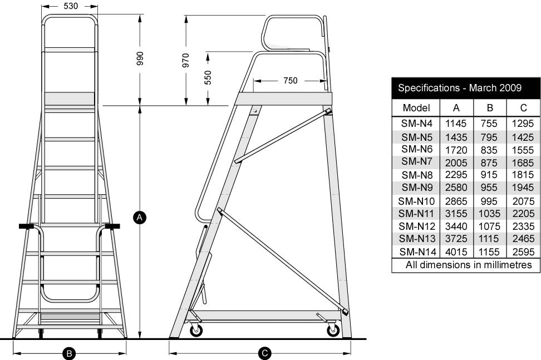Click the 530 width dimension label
(70, 6)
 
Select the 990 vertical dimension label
(140, 60)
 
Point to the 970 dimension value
(186, 60)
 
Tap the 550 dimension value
(208, 77)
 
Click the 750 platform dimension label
(290, 81)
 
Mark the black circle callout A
(140, 217)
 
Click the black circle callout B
(69, 353)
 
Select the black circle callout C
(265, 353)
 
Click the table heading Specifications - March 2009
(459, 88)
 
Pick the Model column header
(416, 107)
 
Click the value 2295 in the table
(456, 175)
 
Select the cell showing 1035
(489, 213)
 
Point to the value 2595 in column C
(523, 252)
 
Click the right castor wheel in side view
(333, 330)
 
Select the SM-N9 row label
(416, 188)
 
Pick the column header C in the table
(523, 107)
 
